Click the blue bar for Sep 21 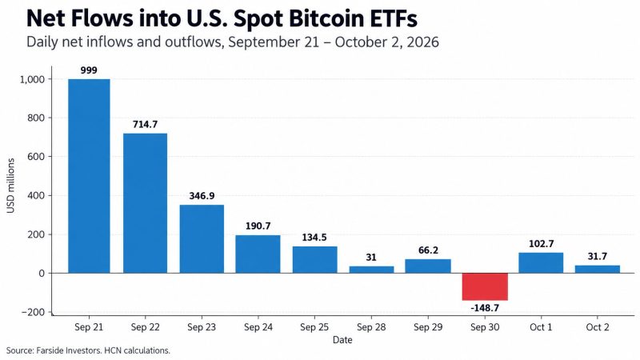tap(89, 176)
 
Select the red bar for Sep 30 tap(485, 287)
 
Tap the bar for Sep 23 tap(202, 238)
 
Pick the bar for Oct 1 tap(541, 263)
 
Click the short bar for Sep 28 tap(371, 270)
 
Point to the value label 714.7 tap(145, 124)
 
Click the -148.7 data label tap(485, 308)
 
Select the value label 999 tap(89, 70)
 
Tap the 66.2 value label tap(428, 250)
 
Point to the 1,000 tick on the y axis tap(32, 79)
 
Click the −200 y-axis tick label tap(33, 312)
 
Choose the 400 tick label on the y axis tap(36, 196)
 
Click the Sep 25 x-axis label tap(314, 327)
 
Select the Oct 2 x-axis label tap(598, 327)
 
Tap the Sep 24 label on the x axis tap(258, 327)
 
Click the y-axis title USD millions tap(10, 186)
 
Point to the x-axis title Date tap(342, 340)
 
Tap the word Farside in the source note tap(50, 350)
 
